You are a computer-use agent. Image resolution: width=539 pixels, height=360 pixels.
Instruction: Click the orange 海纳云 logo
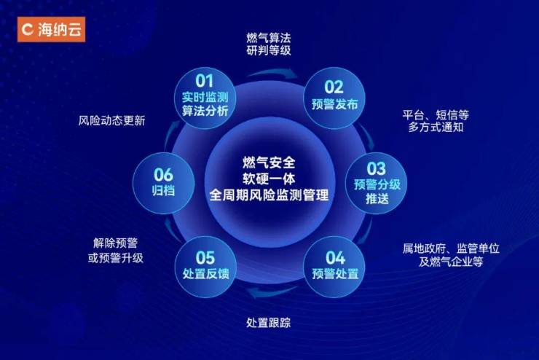[51, 29]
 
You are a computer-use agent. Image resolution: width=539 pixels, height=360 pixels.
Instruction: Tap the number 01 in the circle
[205, 81]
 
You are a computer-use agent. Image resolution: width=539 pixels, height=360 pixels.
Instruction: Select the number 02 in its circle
[334, 87]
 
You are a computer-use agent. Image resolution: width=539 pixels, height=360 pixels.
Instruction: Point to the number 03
[376, 168]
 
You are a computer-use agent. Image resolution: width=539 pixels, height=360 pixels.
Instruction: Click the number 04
[335, 258]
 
